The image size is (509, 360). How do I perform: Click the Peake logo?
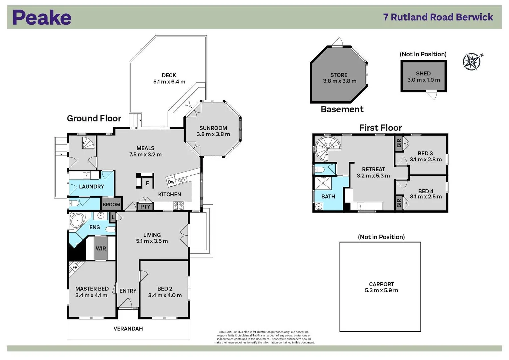coord(42,17)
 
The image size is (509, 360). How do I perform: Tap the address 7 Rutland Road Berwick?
coord(438,17)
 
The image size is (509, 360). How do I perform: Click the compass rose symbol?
coord(472,61)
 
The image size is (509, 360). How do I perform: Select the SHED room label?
coord(423,73)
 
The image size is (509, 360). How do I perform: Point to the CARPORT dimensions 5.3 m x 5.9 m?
coord(381,290)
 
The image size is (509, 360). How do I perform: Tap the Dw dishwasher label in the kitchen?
coord(171,182)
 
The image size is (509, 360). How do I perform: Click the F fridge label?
coord(147,183)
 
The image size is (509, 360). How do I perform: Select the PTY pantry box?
coord(145,207)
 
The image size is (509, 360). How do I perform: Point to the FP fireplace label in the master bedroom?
coord(75,267)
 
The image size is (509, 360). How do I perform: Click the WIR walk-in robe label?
coord(101,248)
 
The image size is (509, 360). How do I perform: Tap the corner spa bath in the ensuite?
coord(78,221)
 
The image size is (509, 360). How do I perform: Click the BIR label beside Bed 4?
coord(399,203)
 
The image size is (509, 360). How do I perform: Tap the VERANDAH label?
coord(128,329)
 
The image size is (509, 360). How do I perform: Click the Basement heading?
coord(342,109)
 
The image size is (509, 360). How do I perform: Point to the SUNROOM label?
coord(213,128)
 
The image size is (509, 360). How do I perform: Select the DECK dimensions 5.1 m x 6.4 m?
coord(169,82)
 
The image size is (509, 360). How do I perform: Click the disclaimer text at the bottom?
coord(264,337)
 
